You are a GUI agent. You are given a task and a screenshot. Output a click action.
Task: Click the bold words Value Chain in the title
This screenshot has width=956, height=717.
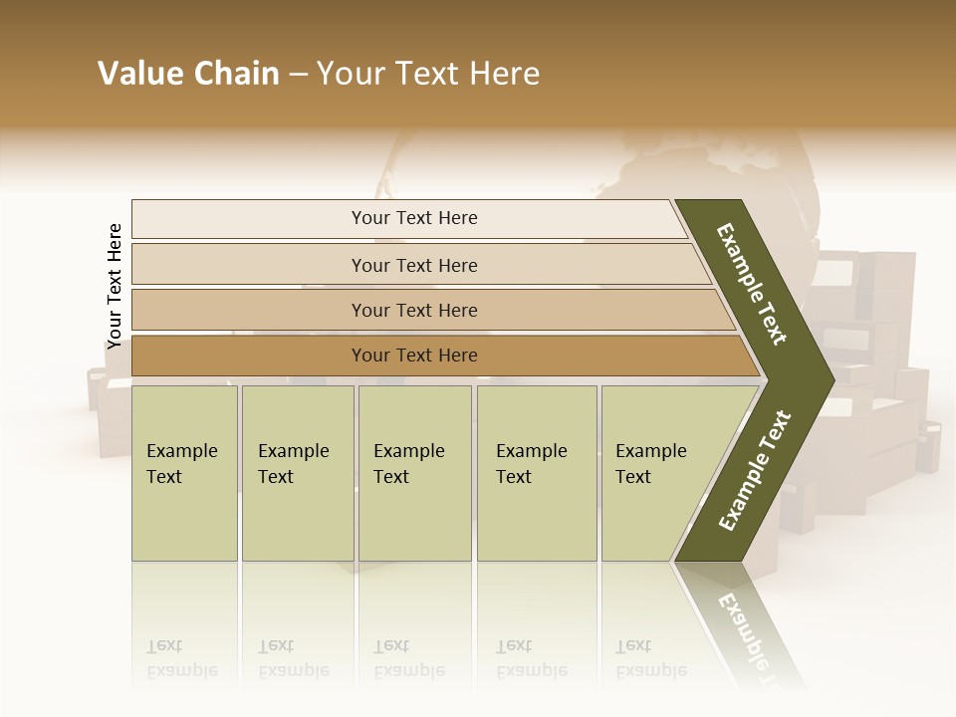pos(188,74)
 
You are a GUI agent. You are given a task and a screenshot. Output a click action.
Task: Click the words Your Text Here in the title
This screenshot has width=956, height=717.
pos(428,74)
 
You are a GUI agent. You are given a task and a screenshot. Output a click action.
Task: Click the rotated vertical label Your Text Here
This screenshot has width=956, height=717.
pos(115,286)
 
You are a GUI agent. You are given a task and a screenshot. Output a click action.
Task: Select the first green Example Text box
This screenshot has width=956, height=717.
pos(184,473)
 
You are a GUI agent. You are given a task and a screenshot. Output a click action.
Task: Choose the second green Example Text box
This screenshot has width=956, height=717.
pos(298,473)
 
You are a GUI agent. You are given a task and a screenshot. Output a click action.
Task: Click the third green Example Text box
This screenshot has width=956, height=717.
pos(414,473)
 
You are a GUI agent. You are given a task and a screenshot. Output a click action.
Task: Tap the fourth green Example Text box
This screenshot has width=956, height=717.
pos(537,473)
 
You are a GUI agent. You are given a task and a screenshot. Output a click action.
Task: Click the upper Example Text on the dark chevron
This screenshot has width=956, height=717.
pos(752,284)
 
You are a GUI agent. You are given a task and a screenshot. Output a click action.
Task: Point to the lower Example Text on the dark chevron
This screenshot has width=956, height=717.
pos(755,471)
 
